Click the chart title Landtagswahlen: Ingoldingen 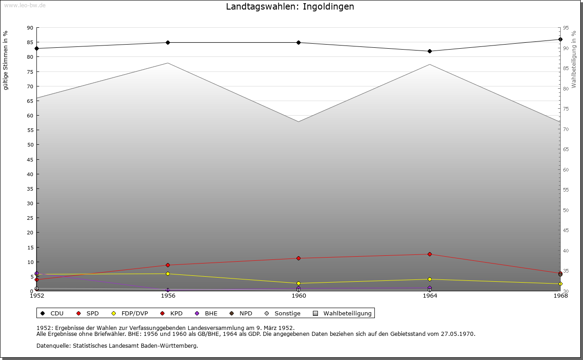coord(290,7)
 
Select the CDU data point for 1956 coord(168,43)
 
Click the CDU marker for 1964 coord(430,51)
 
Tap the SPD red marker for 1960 coord(299,259)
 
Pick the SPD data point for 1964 coord(430,254)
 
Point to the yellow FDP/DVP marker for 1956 coord(168,274)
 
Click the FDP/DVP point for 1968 coord(560,284)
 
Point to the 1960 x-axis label coord(299,296)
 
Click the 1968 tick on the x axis coord(560,296)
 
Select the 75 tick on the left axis coord(30,72)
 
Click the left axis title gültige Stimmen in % coord(6,61)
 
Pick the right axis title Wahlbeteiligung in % coord(574,60)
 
